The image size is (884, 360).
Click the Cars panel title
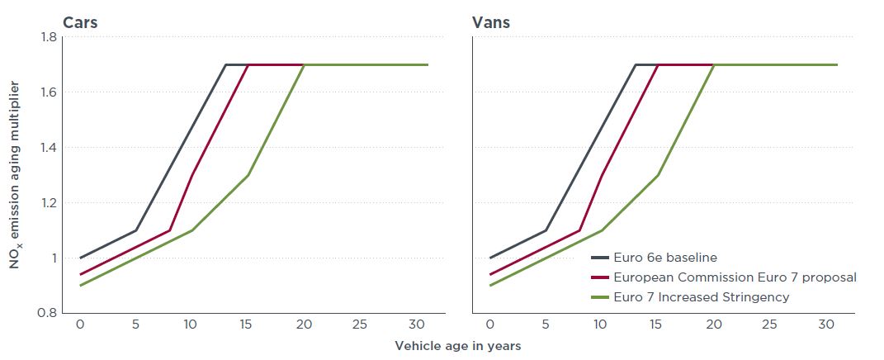(x=80, y=22)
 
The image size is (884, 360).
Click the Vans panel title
(x=491, y=22)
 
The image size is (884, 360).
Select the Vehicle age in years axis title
(x=457, y=345)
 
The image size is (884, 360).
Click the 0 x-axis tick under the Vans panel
(x=490, y=324)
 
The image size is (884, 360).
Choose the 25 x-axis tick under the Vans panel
(x=768, y=324)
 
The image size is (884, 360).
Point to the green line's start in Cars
(x=81, y=286)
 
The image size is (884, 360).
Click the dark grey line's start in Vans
(x=490, y=258)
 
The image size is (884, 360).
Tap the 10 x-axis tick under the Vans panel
(x=602, y=324)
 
